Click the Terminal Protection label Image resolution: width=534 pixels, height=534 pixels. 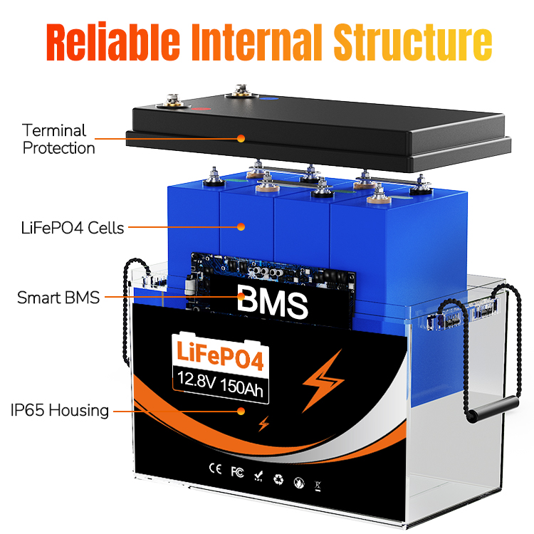58,140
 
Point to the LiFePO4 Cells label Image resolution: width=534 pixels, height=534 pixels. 72,228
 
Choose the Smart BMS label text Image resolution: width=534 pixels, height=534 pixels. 58,298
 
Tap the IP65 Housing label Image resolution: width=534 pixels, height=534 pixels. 60,410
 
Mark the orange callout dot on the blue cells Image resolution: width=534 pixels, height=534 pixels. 241,227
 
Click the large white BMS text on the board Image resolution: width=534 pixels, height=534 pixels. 273,302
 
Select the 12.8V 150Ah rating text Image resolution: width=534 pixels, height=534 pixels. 220,384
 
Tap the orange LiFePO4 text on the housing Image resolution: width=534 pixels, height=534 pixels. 220,355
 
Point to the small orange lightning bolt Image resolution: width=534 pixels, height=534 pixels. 264,424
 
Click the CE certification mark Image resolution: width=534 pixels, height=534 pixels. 215,469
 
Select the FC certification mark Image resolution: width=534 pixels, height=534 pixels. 237,472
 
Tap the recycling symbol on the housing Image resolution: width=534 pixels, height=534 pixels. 278,479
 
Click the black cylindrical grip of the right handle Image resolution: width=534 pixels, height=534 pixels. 494,409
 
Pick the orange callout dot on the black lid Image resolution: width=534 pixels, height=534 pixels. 241,139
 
